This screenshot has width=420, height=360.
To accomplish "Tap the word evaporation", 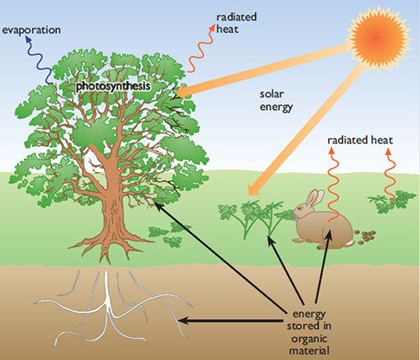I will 31,30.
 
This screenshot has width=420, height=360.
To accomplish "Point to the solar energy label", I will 272,101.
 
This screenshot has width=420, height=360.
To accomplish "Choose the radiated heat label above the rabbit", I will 360,140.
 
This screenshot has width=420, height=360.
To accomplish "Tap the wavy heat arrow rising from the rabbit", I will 331,185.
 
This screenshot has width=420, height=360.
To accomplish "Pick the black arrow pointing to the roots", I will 230,321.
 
